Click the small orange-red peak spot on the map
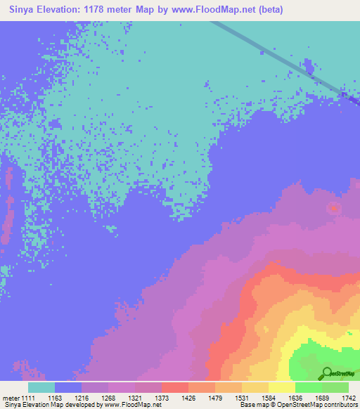(333, 208)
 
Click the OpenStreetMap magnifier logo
(328, 373)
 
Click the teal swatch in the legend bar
(41, 387)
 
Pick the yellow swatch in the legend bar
(282, 387)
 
